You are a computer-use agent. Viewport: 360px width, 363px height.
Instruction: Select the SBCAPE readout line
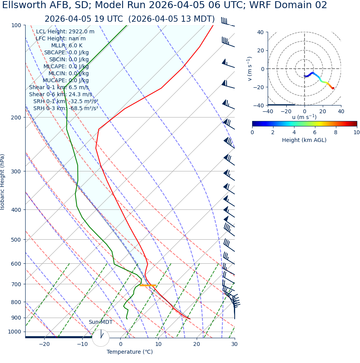tap(66, 52)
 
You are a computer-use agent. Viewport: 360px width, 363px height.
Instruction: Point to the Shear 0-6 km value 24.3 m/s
tap(80, 94)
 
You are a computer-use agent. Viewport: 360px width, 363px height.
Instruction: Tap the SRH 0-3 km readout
tap(66, 108)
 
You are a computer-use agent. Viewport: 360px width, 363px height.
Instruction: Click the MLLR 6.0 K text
tap(67, 45)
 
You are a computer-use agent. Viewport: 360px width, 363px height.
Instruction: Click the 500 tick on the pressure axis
tap(16, 240)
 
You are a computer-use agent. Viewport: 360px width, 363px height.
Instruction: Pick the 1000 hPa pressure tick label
tap(15, 332)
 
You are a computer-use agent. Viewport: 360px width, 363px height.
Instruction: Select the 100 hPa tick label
tap(16, 25)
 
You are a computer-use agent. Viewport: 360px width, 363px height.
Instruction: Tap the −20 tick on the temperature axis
tap(44, 344)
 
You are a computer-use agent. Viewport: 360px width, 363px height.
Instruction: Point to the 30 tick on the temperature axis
tap(234, 344)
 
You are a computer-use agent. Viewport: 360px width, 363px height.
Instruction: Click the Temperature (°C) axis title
tap(130, 352)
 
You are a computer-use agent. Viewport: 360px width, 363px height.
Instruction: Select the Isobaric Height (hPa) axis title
tap(3, 182)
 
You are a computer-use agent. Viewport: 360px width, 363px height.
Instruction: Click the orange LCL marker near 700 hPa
tap(148, 285)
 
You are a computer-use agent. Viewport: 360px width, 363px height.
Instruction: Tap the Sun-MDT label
tap(100, 322)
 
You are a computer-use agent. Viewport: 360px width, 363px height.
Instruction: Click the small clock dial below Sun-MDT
tap(101, 337)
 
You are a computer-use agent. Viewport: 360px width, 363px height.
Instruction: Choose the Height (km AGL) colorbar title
tap(304, 140)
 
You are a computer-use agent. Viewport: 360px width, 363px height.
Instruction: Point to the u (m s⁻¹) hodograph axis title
tap(304, 117)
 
